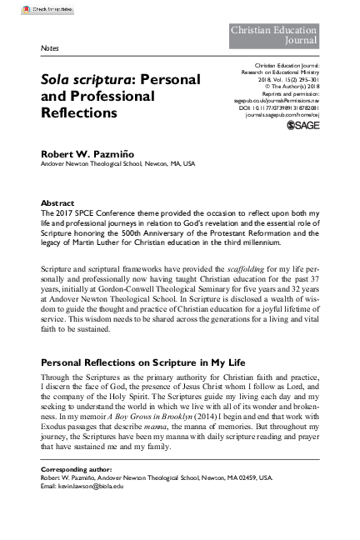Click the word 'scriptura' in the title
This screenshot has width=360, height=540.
[x=93, y=80]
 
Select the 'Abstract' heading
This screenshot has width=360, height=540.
[x=57, y=203]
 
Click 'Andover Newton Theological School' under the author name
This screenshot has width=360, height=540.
[x=93, y=164]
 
